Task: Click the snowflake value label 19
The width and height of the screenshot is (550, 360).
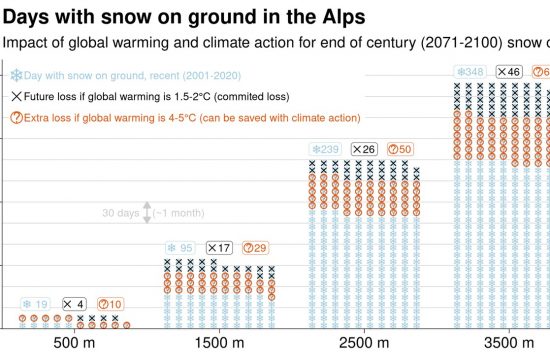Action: pyautogui.click(x=35, y=305)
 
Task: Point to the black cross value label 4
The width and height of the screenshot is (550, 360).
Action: pyautogui.click(x=74, y=305)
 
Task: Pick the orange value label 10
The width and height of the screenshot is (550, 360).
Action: pyautogui.click(x=110, y=305)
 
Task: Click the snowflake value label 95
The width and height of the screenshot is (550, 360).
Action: pyautogui.click(x=180, y=248)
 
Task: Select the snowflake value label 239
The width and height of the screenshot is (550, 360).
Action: pyautogui.click(x=325, y=149)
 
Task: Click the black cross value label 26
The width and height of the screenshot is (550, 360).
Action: pyautogui.click(x=364, y=149)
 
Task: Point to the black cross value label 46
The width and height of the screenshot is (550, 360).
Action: pyautogui.click(x=508, y=72)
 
